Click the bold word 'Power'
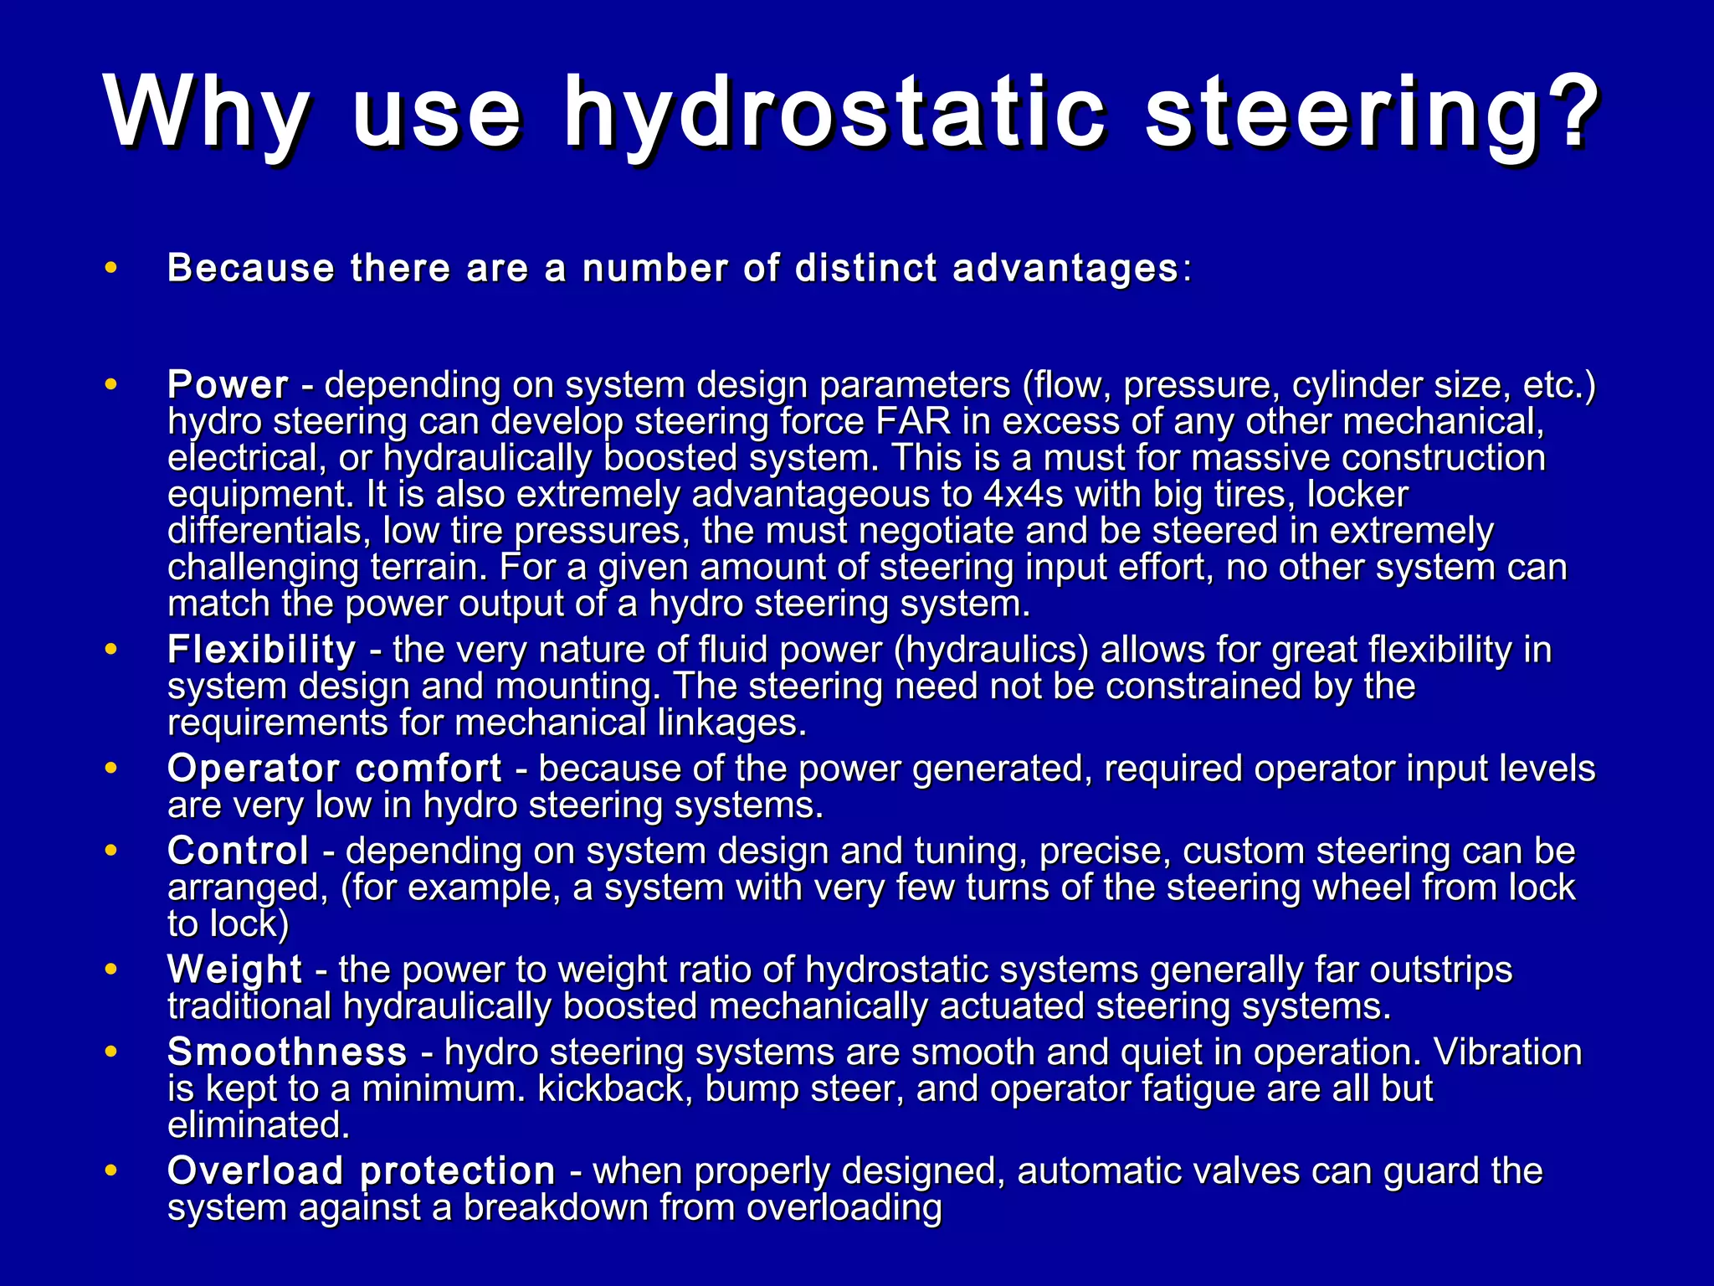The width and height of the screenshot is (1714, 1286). [228, 385]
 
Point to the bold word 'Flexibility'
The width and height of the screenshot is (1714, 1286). [262, 650]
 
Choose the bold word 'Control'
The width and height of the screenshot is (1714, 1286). [239, 851]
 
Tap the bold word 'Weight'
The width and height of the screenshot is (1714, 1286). [234, 970]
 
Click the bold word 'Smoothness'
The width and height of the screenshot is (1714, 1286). [287, 1052]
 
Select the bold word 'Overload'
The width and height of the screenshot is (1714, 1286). [255, 1170]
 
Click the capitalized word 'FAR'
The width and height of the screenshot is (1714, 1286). [914, 421]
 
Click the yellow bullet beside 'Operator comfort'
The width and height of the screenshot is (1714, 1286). [110, 768]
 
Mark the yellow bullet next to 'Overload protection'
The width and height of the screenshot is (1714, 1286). [110, 1170]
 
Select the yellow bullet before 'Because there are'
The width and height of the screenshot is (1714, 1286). [110, 268]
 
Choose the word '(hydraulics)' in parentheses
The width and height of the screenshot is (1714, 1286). [991, 650]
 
